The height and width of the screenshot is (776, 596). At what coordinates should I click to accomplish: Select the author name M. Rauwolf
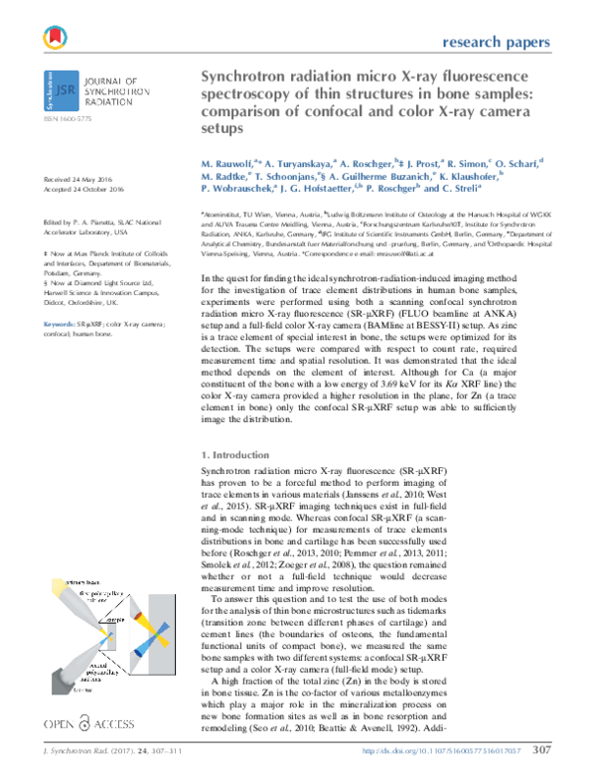click(230, 161)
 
